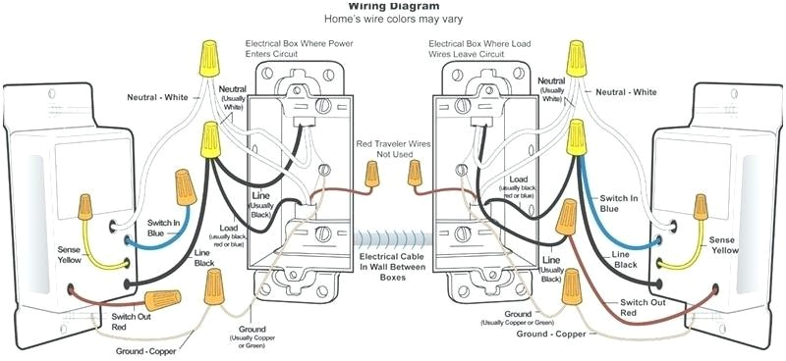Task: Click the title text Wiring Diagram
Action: click(x=392, y=5)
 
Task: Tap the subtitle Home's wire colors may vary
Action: click(x=392, y=19)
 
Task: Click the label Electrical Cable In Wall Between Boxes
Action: click(x=392, y=265)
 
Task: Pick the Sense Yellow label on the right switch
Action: click(x=725, y=244)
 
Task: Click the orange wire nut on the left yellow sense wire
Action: click(x=86, y=206)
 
